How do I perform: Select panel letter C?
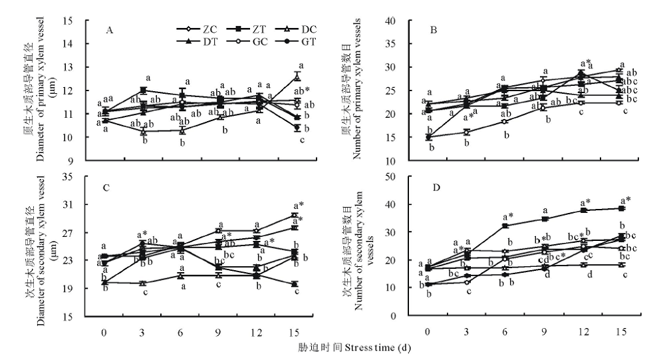tap(107, 188)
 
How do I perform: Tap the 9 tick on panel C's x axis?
tap(217, 331)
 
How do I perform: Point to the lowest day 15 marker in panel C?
tap(297, 284)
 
